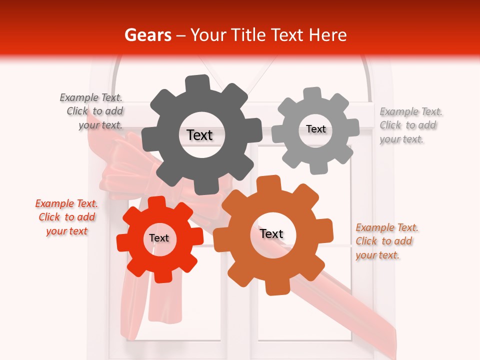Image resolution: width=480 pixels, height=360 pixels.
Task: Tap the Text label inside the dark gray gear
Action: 199,135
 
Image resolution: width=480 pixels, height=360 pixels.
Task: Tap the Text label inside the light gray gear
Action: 315,129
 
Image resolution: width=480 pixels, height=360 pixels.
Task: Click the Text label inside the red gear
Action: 159,238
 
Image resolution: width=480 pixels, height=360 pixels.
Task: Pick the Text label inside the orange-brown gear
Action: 271,234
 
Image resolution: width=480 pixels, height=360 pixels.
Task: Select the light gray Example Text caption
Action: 410,125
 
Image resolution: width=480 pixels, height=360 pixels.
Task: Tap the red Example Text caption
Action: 66,217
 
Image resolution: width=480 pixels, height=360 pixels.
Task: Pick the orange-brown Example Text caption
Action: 386,241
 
